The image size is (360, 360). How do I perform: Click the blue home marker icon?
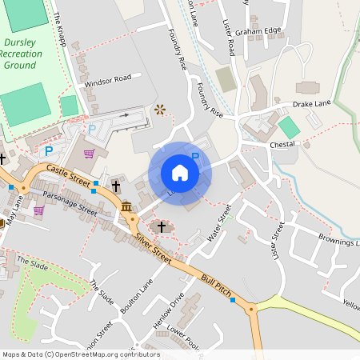pos(180,172)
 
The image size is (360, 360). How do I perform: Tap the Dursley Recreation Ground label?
pos(22,54)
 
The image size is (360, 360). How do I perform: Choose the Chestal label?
pos(282,144)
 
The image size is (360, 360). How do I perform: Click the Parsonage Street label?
pos(70,203)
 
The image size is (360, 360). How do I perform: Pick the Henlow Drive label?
pos(168,312)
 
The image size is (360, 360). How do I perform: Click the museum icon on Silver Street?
pos(128,208)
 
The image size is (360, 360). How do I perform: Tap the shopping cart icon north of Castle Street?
pos(90,153)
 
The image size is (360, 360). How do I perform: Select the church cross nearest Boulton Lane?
pos(162,228)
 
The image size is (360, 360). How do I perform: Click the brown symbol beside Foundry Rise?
pos(160,110)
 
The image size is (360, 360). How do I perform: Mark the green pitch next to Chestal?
pos(289,127)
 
